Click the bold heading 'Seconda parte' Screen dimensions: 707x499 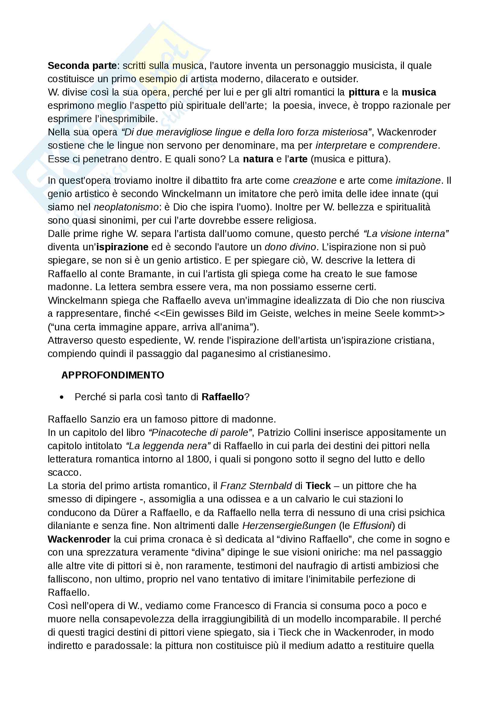82,66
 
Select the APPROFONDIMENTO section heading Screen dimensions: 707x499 113,375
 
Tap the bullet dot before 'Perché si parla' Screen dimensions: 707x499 62,397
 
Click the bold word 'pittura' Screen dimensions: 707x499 364,92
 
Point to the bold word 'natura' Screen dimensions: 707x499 258,159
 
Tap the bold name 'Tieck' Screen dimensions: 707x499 318,486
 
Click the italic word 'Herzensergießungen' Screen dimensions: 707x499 289,526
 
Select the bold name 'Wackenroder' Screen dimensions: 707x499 79,539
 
